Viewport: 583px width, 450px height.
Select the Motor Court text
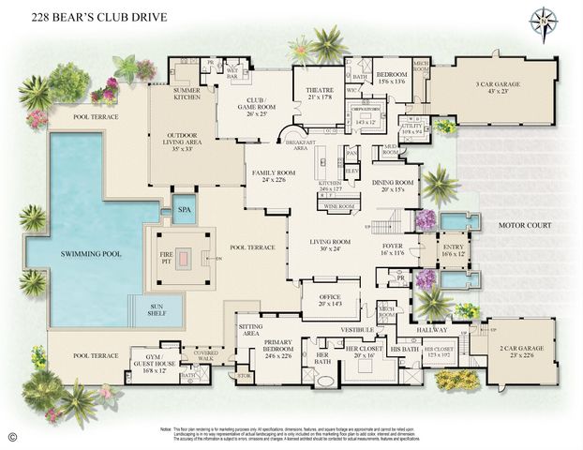click(524, 225)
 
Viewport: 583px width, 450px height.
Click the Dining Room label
click(392, 185)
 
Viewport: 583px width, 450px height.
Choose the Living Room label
click(336, 245)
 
